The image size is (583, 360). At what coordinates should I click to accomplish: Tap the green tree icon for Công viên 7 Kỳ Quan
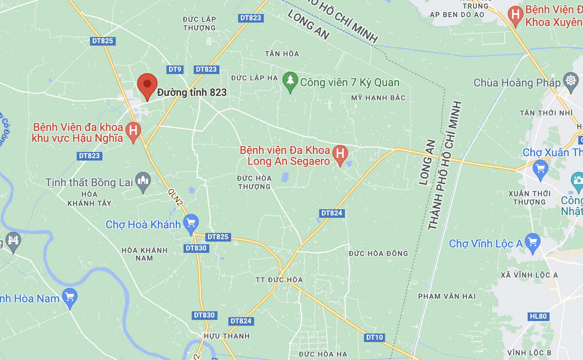pyautogui.click(x=290, y=81)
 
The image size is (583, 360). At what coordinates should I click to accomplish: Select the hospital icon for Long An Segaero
pyautogui.click(x=340, y=154)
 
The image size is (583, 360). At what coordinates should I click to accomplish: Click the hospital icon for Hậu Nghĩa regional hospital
pyautogui.click(x=133, y=131)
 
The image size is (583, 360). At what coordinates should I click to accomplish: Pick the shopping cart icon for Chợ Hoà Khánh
pyautogui.click(x=191, y=223)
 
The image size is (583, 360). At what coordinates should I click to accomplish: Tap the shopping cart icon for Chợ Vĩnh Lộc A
pyautogui.click(x=532, y=242)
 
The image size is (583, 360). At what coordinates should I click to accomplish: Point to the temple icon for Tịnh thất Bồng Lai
pyautogui.click(x=143, y=181)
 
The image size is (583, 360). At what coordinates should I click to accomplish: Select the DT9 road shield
pyautogui.click(x=175, y=69)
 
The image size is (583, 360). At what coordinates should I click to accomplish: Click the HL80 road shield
pyautogui.click(x=538, y=316)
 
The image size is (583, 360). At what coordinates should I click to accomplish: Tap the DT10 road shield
pyautogui.click(x=375, y=337)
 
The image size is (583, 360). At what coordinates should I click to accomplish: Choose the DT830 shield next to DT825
pyautogui.click(x=196, y=248)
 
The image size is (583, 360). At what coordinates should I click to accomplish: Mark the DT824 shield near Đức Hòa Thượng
pyautogui.click(x=332, y=213)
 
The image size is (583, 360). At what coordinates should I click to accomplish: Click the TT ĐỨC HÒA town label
pyautogui.click(x=279, y=280)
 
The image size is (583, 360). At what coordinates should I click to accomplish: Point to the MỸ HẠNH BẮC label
pyautogui.click(x=378, y=98)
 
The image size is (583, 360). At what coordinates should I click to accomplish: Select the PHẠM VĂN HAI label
pyautogui.click(x=447, y=296)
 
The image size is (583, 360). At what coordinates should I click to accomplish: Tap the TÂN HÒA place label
pyautogui.click(x=282, y=54)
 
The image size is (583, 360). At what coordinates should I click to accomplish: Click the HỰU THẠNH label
pyautogui.click(x=226, y=336)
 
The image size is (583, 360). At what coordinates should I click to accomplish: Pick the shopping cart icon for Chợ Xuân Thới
pyautogui.click(x=540, y=169)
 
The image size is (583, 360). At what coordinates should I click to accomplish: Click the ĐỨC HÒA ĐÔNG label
pyautogui.click(x=378, y=254)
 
